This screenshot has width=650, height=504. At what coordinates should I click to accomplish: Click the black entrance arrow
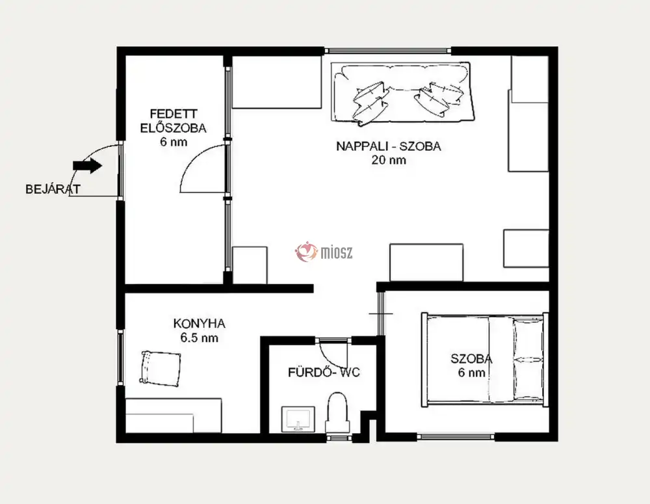tap(88, 166)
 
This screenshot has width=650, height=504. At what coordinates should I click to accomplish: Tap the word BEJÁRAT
tap(53, 189)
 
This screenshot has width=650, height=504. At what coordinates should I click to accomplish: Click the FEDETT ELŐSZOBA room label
tap(174, 121)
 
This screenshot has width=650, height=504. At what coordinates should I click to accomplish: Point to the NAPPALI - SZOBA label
tap(389, 146)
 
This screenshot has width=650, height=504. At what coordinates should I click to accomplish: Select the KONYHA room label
tap(199, 324)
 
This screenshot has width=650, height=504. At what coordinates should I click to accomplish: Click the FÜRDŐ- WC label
tap(324, 372)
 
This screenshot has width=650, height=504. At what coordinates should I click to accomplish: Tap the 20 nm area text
tap(389, 160)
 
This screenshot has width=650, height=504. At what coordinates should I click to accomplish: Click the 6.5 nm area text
tap(199, 338)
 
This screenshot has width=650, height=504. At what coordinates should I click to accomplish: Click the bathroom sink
tap(298, 419)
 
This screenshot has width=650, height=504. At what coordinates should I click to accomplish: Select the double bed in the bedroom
tap(485, 360)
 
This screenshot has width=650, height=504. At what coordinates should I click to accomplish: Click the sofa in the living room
tap(402, 92)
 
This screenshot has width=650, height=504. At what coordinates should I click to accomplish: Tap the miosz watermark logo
tap(324, 252)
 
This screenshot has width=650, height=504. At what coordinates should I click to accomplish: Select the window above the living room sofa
tap(387, 51)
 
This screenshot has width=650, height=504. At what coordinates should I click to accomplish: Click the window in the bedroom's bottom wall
tap(456, 436)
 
